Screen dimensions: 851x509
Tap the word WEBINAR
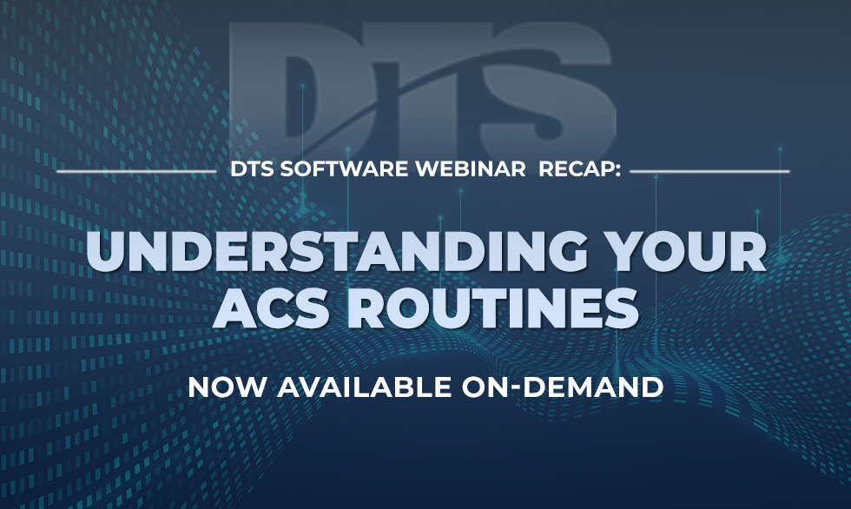pyautogui.click(x=471, y=169)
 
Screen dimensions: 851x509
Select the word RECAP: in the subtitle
pyautogui.click(x=580, y=169)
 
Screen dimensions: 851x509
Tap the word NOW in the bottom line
pyautogui.click(x=228, y=387)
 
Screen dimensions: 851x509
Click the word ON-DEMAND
pyautogui.click(x=563, y=387)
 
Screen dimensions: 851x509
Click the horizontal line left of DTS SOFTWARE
pyautogui.click(x=136, y=171)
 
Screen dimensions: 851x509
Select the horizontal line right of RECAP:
pyautogui.click(x=710, y=171)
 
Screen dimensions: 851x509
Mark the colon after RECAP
pyautogui.click(x=617, y=171)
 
